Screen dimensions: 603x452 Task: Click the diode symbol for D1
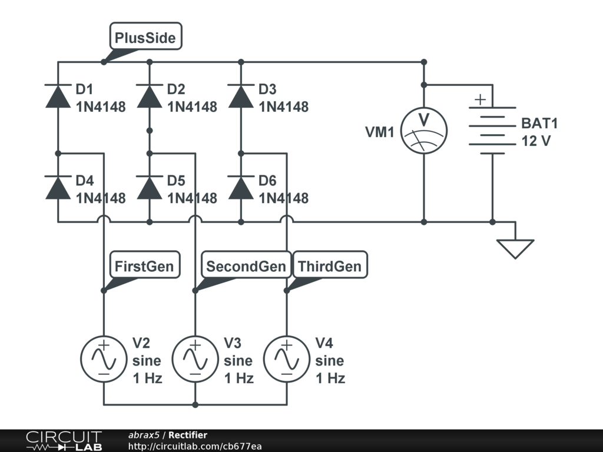click(x=58, y=96)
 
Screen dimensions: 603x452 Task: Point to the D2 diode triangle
click(x=150, y=96)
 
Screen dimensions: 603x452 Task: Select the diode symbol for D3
click(x=241, y=96)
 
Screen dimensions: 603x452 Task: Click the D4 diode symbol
click(x=58, y=188)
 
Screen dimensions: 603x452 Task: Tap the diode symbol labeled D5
click(x=150, y=188)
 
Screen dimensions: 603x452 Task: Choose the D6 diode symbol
click(x=241, y=188)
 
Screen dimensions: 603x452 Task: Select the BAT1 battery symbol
click(x=492, y=131)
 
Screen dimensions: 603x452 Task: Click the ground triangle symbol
click(x=515, y=249)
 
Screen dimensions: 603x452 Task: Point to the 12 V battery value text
click(x=536, y=141)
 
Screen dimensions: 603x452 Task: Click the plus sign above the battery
click(x=481, y=99)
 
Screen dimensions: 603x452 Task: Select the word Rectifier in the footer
click(x=188, y=435)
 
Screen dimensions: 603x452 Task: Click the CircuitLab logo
click(x=64, y=441)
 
